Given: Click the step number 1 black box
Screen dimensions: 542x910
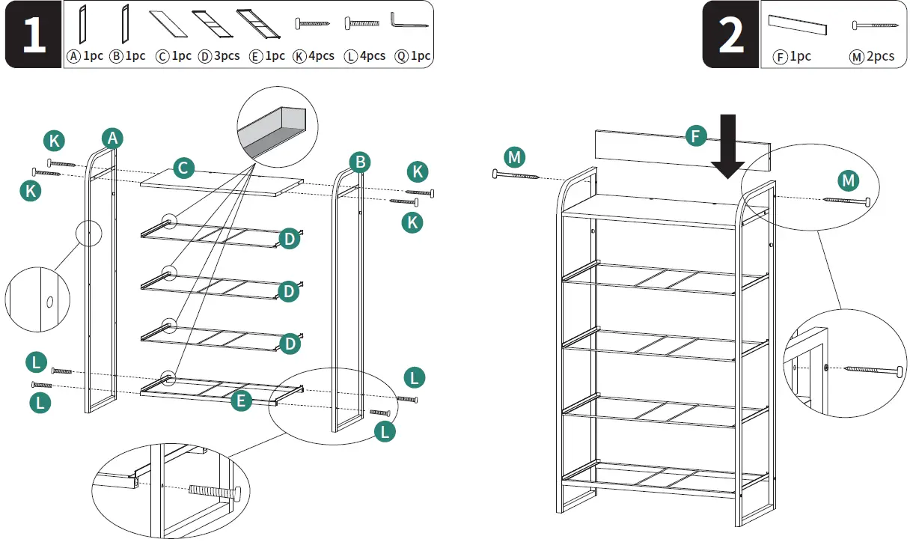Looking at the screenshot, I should pos(34,35).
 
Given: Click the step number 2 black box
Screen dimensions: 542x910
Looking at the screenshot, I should pos(731,35).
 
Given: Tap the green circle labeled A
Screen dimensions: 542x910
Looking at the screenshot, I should pos(112,138).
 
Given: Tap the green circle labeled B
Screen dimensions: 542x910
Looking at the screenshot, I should pos(360,162).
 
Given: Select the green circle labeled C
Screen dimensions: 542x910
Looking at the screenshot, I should pos(184,168).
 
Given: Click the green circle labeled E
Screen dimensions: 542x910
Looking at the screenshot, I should pos(240,401).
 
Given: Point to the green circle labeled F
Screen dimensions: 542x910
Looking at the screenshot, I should pos(696,136).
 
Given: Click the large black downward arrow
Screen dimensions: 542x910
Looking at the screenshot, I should pos(727,146).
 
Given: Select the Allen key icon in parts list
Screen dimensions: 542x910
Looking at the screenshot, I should pos(409,22).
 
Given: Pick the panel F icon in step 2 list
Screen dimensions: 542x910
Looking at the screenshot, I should pos(798,25).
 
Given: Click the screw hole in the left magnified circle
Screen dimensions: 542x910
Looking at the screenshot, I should pos(49,302).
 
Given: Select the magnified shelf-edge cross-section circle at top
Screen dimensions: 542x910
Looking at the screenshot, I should pos(277,127).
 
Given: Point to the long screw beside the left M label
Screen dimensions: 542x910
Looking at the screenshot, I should pos(516,175).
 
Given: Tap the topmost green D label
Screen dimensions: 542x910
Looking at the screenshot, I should pos(289,239).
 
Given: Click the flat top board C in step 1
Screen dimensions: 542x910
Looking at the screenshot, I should pos(222,183).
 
